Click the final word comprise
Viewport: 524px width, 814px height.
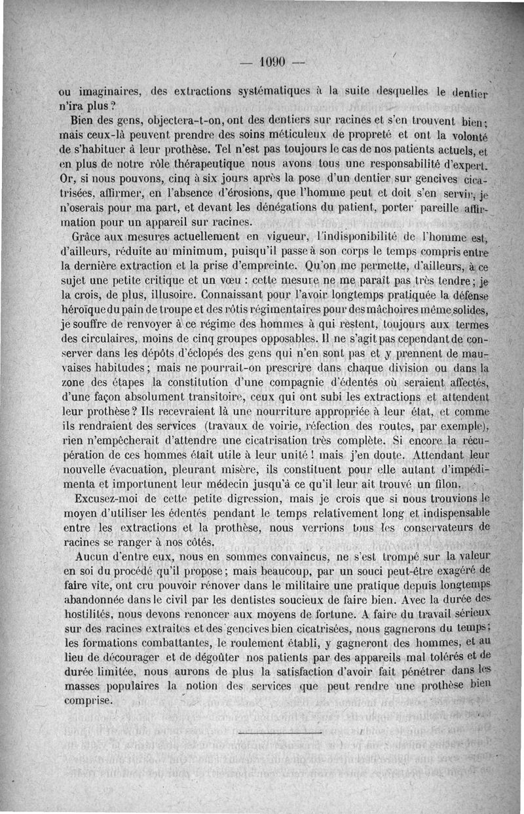[90, 699]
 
